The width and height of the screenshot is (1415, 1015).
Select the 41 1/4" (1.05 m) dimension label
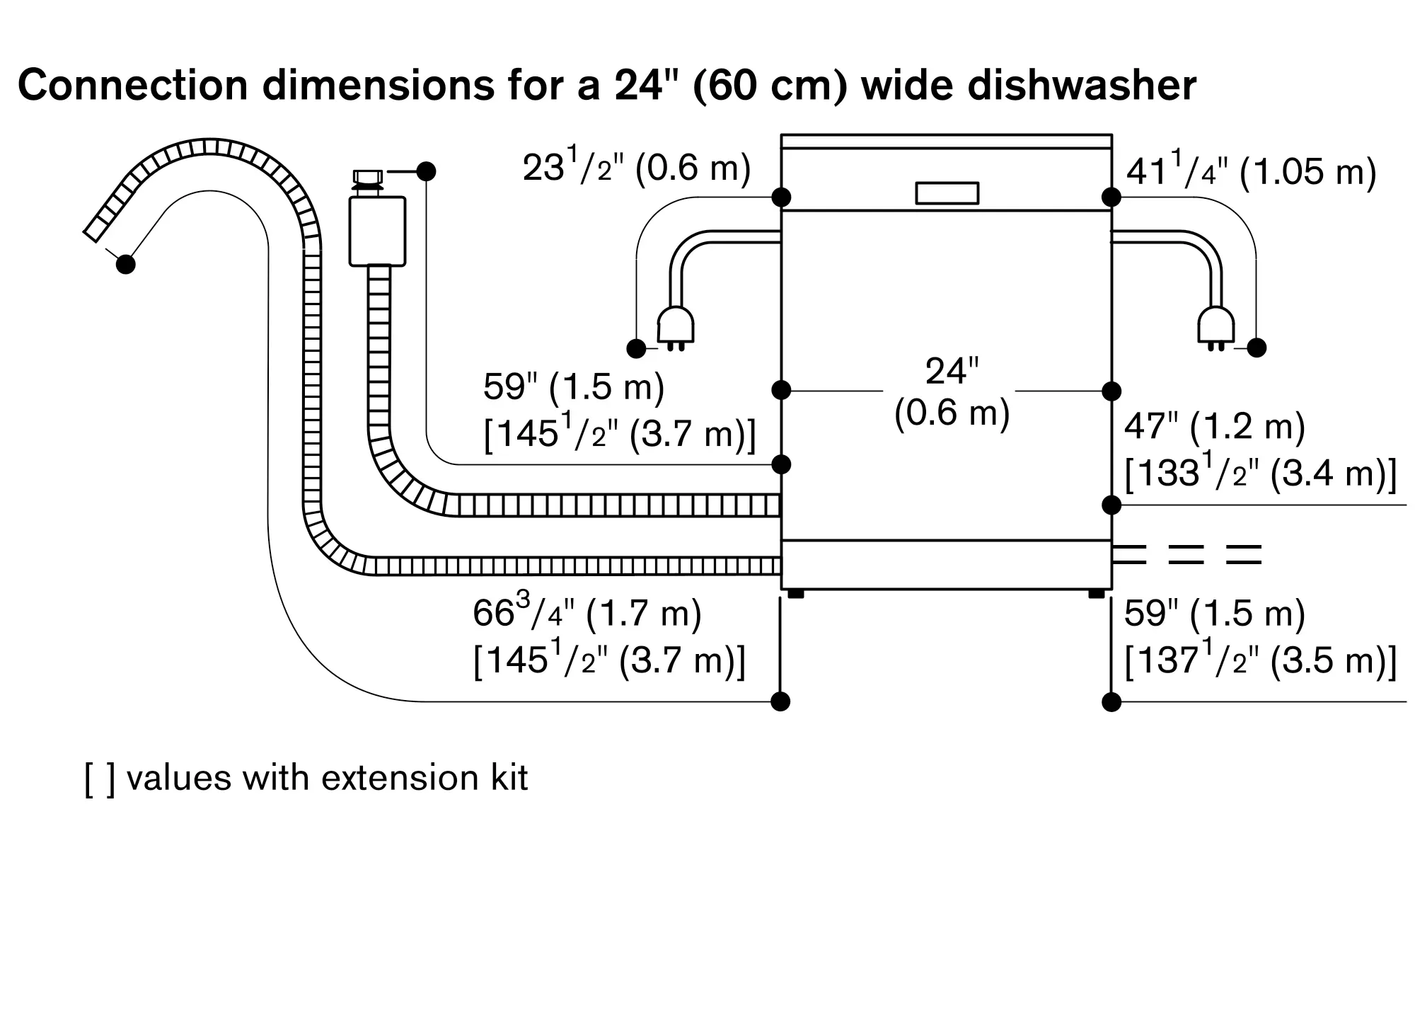point(1251,172)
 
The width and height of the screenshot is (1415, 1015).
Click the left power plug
point(676,327)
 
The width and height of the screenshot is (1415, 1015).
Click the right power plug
point(1215,327)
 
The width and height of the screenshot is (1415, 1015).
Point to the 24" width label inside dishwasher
point(952,371)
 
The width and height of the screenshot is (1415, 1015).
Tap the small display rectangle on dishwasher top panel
point(947,193)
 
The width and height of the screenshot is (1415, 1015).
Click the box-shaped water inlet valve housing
point(377,231)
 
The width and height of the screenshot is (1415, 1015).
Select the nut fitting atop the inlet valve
point(367,176)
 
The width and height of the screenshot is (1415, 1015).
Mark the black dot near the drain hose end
point(125,264)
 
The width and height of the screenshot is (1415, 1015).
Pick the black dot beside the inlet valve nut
point(426,171)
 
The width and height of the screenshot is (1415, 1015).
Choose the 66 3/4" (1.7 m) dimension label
point(587,613)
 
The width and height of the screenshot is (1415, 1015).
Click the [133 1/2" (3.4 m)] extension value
point(1260,473)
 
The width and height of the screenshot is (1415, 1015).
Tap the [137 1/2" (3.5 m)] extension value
point(1260,660)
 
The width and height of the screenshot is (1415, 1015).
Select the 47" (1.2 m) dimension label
point(1214,427)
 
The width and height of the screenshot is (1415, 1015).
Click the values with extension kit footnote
point(306,778)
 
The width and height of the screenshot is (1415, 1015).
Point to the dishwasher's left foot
point(796,594)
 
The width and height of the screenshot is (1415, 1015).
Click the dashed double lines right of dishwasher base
point(1186,554)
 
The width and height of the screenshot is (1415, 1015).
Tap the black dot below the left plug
point(636,348)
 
